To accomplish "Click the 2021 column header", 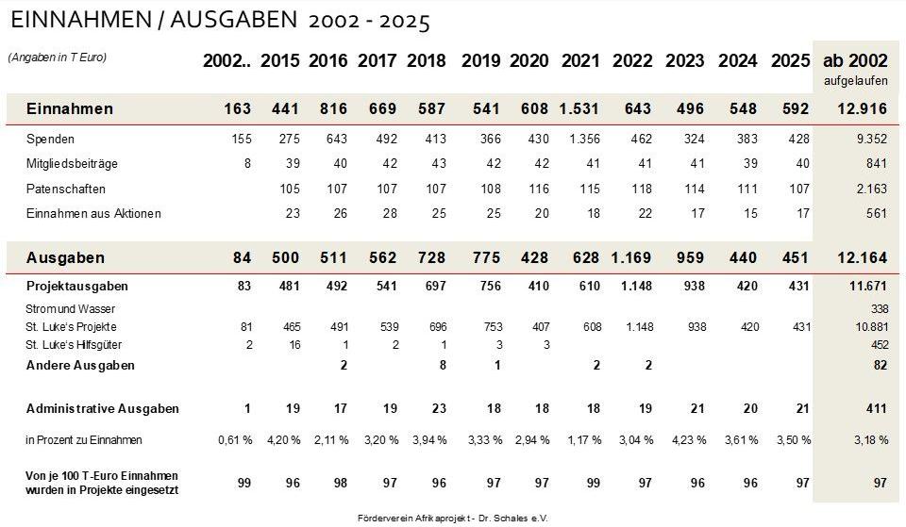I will pos(580,61).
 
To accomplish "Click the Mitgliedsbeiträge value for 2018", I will pos(435,164).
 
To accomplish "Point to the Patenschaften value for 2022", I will pos(641,189).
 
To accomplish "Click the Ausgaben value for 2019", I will pos(480,257).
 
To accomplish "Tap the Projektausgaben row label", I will pos(77,286).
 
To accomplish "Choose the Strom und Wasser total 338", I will pos(877,309).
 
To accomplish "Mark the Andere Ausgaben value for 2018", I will pos(442,365).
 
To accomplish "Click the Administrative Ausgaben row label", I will pos(103,409).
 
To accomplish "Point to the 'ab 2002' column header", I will pos(855,61).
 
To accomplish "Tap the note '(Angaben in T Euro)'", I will pos(58,58).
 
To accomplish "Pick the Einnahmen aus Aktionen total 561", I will pos(877,213).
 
